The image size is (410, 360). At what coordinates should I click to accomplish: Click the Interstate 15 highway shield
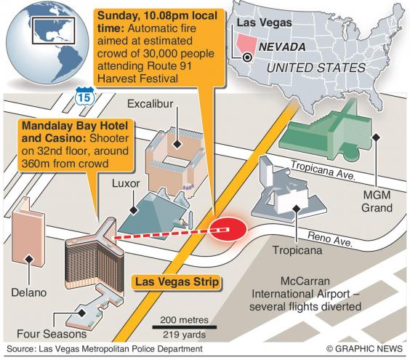[84, 97]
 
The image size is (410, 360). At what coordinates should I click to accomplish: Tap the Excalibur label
[150, 104]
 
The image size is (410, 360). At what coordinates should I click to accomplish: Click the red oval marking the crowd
[228, 228]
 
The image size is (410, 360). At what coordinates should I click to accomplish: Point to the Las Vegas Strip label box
[177, 282]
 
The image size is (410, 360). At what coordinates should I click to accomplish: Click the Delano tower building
[28, 231]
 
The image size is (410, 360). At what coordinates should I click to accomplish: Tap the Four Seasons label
[52, 334]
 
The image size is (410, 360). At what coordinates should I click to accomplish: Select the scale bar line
[185, 327]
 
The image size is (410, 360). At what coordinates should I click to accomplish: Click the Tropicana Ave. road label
[323, 170]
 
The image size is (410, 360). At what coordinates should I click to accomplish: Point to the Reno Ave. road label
[330, 239]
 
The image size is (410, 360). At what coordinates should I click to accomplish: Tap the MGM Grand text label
[377, 201]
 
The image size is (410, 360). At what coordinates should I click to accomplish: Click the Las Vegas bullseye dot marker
[247, 57]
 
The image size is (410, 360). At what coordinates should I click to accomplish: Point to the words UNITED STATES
[316, 68]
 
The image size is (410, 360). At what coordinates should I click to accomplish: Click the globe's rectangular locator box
[54, 31]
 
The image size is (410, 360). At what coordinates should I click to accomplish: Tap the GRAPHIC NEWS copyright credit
[364, 349]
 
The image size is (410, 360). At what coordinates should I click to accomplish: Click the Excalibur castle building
[174, 160]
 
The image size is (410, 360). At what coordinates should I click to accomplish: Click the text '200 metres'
[185, 320]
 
